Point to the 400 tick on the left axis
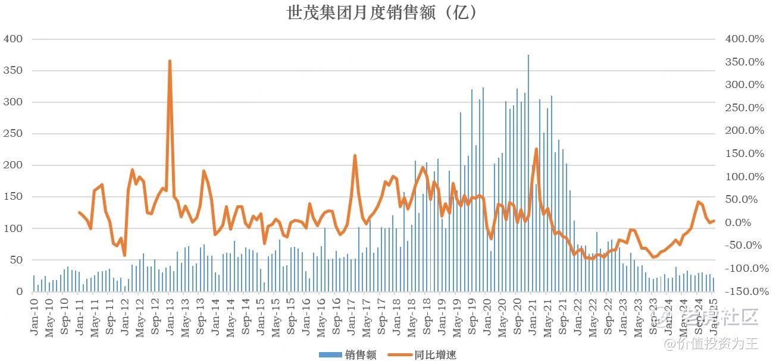point(13,39)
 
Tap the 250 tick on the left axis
point(13,134)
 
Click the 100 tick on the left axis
point(13,228)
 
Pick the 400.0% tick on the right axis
point(744,39)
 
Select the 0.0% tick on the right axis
point(749,222)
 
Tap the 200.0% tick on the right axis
point(744,131)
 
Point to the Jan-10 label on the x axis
point(35,314)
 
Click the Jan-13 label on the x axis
point(170,314)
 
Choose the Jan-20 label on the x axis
point(487,314)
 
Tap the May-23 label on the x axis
point(638,314)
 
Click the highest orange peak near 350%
point(170,61)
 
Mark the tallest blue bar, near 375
point(528,56)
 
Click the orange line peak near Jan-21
point(536,149)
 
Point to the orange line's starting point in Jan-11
point(79,212)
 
